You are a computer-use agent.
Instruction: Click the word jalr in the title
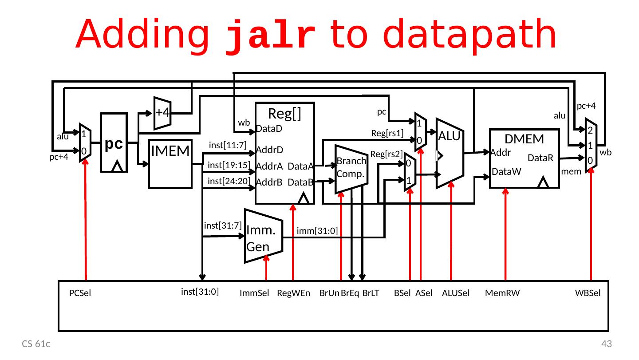tap(271, 36)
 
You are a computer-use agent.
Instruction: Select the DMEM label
tap(524, 139)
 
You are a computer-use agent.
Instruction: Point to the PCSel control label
tap(80, 293)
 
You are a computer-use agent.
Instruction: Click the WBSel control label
tap(588, 293)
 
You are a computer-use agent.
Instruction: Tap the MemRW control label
tap(502, 293)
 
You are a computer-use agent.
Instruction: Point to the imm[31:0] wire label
tap(317, 230)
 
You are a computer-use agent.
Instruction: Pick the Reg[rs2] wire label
tap(386, 154)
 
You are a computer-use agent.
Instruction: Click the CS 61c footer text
tap(37, 344)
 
